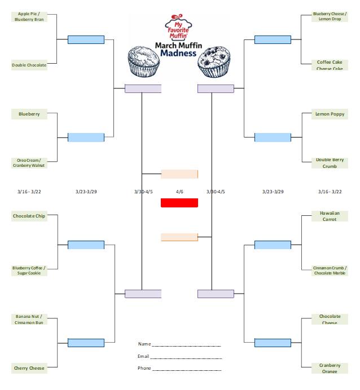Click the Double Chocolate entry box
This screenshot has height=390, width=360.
tap(29, 65)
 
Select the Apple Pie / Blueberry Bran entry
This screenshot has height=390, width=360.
tap(29, 16)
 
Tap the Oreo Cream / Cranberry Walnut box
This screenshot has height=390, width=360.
tap(29, 162)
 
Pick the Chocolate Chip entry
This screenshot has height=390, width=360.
tap(29, 216)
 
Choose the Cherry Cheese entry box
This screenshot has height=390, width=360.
tap(29, 368)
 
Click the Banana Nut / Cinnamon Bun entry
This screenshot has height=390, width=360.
tap(29, 319)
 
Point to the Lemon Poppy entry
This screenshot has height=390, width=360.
tap(330, 114)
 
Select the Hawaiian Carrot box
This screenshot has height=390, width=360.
tap(330, 216)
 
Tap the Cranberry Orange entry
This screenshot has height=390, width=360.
tap(330, 368)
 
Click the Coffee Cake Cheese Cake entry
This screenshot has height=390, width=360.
tap(330, 65)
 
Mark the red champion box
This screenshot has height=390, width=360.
tap(179, 203)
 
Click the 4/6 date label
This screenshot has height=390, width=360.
tap(179, 192)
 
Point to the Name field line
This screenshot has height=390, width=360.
tap(186, 345)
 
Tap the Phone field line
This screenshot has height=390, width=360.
tap(187, 369)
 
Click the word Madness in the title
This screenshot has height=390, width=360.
tap(178, 54)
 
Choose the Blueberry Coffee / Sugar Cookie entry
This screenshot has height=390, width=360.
tap(29, 271)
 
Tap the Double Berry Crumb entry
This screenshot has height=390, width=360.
tap(330, 163)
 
